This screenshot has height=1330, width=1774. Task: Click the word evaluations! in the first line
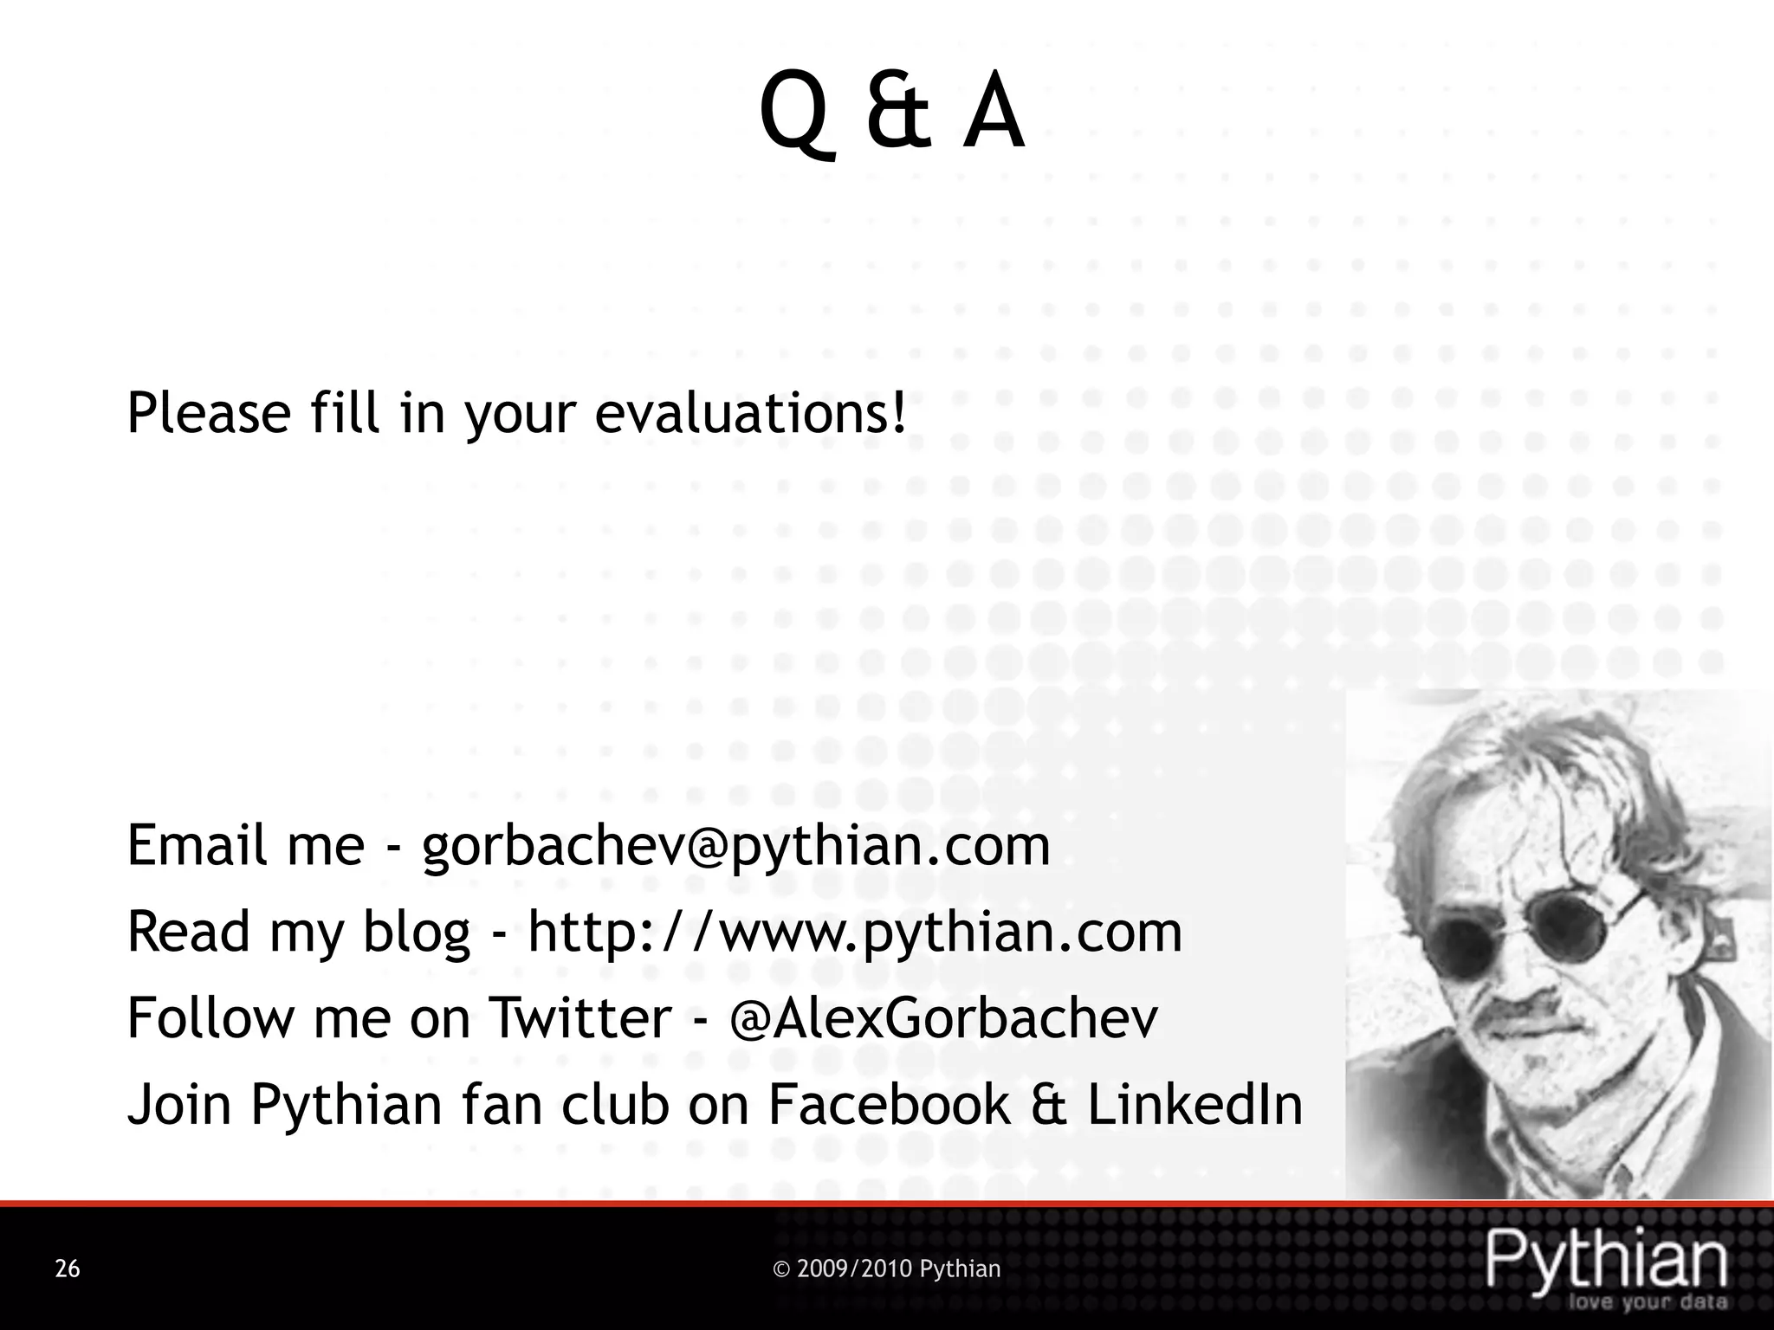click(750, 413)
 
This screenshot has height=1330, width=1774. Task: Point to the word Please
click(209, 413)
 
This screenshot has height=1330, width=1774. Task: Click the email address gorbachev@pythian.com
click(735, 846)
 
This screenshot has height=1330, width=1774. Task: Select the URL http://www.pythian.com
click(855, 933)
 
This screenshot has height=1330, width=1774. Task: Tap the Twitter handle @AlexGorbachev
click(943, 1018)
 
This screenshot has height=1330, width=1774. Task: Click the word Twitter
click(580, 1018)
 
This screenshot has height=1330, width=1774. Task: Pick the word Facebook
click(889, 1105)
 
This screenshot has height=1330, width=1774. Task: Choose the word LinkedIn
click(1195, 1105)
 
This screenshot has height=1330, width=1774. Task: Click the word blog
click(416, 933)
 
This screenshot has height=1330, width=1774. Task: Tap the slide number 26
click(68, 1269)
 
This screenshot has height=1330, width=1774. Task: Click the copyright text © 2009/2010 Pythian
click(886, 1269)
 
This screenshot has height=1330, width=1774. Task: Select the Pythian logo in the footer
click(1607, 1260)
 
